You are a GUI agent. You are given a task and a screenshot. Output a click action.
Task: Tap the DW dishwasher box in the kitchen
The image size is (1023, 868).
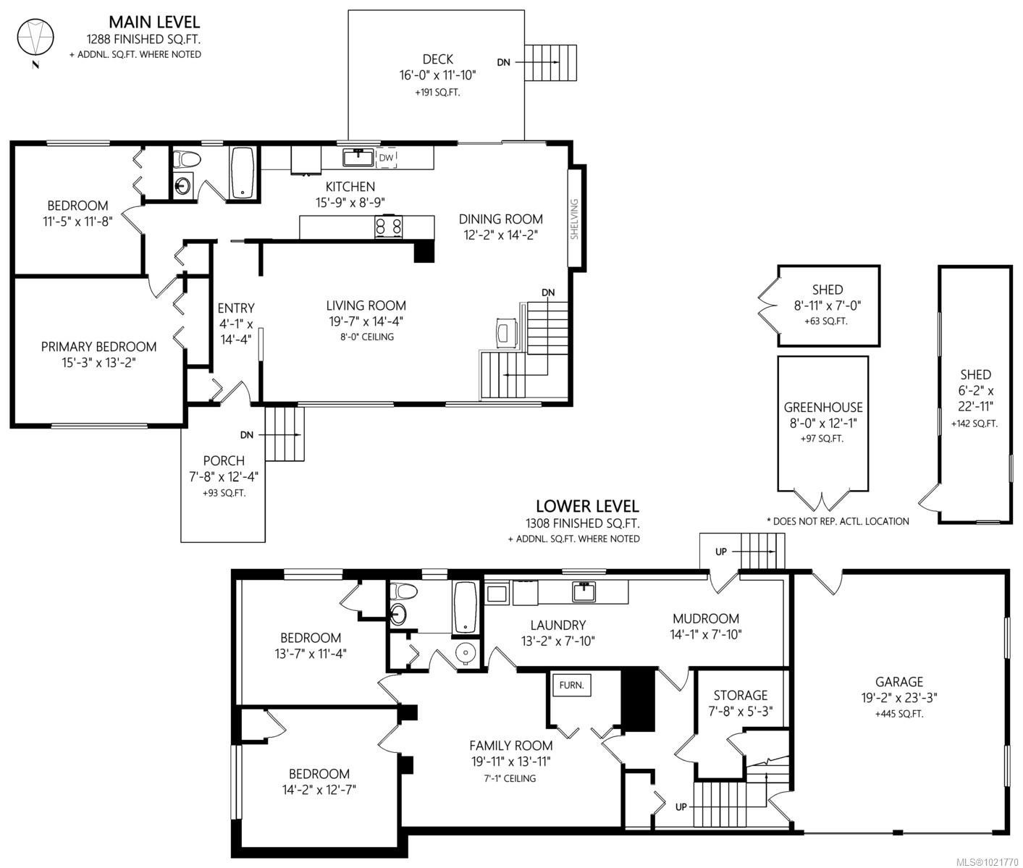pos(387,157)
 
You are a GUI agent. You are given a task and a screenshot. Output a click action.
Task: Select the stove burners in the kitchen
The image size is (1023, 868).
pos(388,227)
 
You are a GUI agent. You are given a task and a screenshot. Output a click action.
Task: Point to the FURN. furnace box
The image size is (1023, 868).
pos(571,685)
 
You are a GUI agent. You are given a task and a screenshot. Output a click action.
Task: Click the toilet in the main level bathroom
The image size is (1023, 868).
pos(185,160)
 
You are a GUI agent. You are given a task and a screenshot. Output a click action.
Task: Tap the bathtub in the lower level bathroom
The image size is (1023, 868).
pos(464,607)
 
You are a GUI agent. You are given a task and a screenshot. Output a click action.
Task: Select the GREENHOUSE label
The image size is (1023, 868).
pos(823,408)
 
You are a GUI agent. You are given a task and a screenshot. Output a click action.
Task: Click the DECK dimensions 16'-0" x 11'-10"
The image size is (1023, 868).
pos(438,75)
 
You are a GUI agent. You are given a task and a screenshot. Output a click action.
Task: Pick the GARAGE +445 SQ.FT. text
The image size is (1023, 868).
pos(899,714)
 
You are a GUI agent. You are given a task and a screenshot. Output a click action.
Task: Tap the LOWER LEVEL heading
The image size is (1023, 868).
pos(586,506)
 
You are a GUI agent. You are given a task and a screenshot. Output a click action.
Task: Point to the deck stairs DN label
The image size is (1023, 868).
pos(503,62)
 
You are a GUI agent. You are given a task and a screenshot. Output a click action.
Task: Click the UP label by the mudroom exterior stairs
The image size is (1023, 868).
pos(721,552)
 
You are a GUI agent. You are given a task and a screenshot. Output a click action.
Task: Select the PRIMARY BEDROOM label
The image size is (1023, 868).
pos(98,347)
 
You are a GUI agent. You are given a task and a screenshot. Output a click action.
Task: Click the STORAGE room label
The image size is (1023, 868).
pos(740,695)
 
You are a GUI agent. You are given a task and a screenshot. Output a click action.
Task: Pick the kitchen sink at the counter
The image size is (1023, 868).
pos(358,157)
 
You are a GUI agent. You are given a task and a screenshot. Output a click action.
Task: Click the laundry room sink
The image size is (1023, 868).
pos(584,592)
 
